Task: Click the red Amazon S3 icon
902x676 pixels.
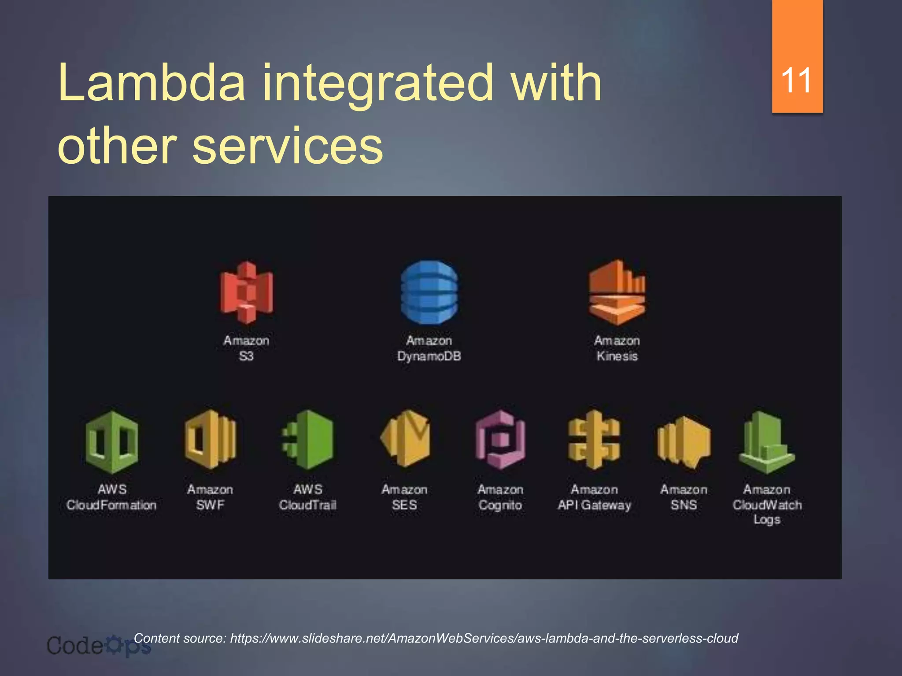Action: coord(247,292)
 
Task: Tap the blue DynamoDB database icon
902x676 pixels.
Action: coord(429,292)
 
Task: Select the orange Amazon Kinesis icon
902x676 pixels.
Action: coord(617,292)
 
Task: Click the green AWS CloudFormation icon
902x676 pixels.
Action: coord(112,441)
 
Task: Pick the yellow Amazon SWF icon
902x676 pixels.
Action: coord(211,440)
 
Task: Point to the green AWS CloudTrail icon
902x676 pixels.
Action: coord(308,440)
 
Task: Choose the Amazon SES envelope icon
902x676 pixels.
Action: coord(405,439)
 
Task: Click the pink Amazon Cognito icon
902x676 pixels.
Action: coord(500,440)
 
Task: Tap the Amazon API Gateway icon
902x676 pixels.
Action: coord(594,440)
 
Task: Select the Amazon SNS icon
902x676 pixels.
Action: coord(684,441)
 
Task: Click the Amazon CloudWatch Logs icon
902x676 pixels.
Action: coord(767,442)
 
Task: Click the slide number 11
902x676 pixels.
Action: coord(797,81)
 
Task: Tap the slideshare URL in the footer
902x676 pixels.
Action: coord(484,638)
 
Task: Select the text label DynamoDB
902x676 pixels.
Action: coord(429,356)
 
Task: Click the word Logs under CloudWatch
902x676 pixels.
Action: coord(767,520)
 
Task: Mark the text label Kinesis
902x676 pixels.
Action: coord(617,356)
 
